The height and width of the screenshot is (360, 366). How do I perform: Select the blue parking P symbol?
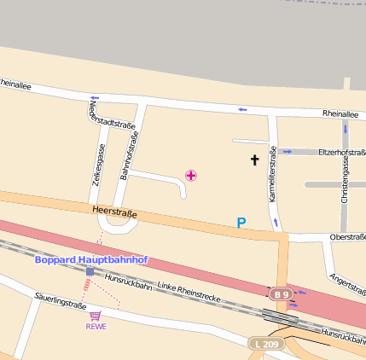[241, 224]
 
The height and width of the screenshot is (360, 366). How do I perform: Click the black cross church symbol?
[254, 160]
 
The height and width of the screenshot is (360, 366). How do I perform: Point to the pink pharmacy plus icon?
[191, 175]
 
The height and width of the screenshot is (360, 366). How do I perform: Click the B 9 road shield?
[281, 294]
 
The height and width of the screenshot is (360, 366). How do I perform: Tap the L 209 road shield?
[265, 343]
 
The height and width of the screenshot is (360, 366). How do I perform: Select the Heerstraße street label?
[113, 212]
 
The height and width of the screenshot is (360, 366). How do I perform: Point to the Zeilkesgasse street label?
[98, 165]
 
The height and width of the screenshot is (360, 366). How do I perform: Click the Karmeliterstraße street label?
[273, 174]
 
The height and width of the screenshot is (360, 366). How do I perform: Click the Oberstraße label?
[346, 237]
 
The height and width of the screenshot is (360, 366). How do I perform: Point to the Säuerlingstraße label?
[61, 301]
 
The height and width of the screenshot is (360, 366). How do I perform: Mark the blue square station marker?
[90, 272]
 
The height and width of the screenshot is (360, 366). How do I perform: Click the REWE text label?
[96, 326]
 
